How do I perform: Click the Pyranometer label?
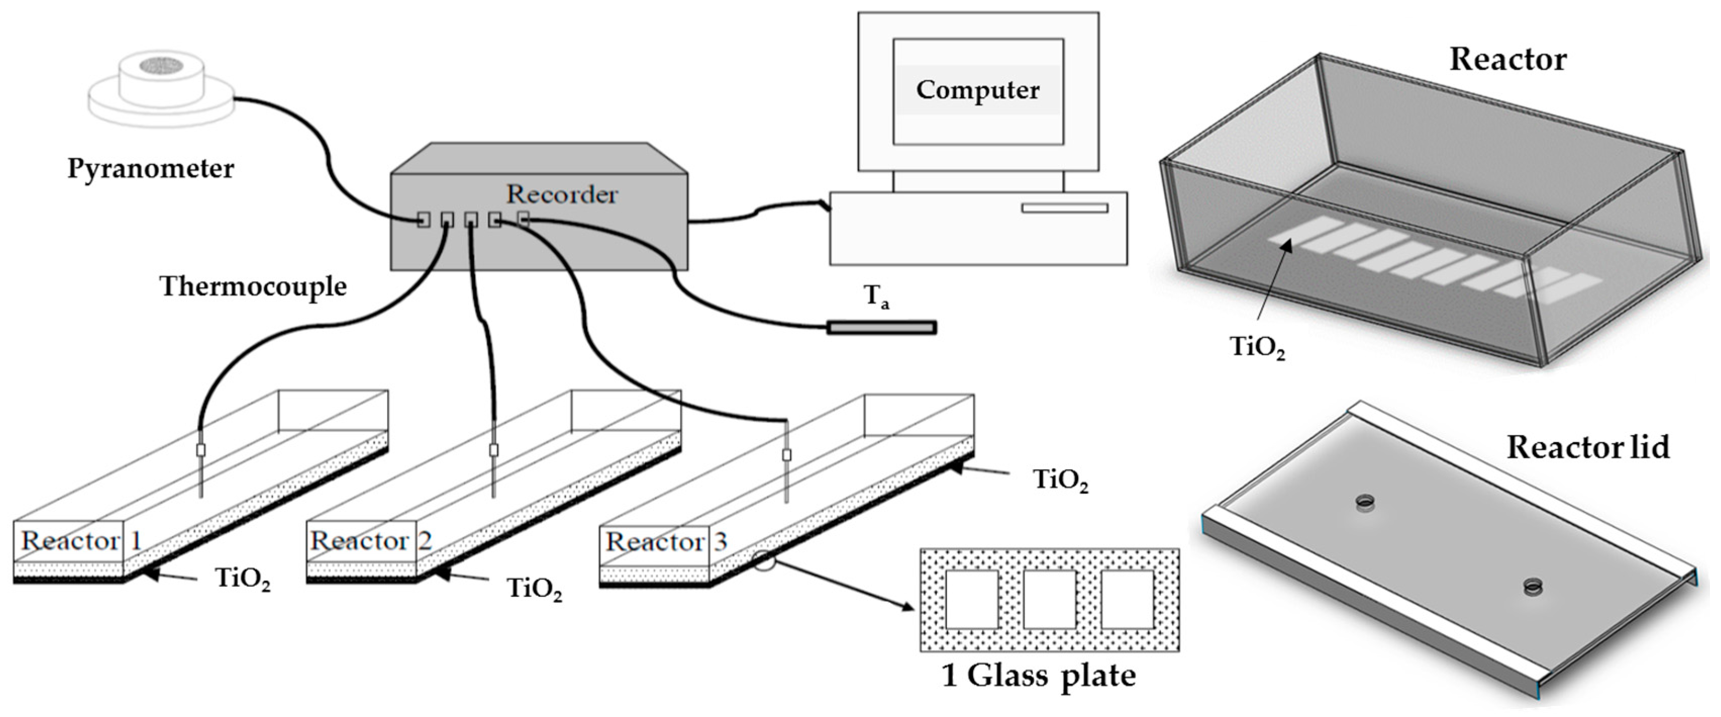pyautogui.click(x=150, y=168)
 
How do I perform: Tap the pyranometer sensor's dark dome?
pyautogui.click(x=161, y=66)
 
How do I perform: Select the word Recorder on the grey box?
pyautogui.click(x=562, y=195)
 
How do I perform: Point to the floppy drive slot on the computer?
pyautogui.click(x=1065, y=209)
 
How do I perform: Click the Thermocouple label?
pyautogui.click(x=253, y=286)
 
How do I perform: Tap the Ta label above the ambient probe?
pyautogui.click(x=877, y=297)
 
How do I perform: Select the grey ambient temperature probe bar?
pyautogui.click(x=881, y=327)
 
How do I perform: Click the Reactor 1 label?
pyautogui.click(x=81, y=540)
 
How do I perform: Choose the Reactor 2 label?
pyautogui.click(x=371, y=540)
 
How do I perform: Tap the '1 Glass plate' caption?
pyautogui.click(x=1038, y=675)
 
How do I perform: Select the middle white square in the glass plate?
pyautogui.click(x=1049, y=599)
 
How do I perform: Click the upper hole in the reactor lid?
pyautogui.click(x=1365, y=501)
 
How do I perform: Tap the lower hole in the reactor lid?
pyautogui.click(x=1533, y=587)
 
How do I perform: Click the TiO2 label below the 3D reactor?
pyautogui.click(x=1257, y=348)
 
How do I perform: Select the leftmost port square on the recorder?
pyautogui.click(x=423, y=220)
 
